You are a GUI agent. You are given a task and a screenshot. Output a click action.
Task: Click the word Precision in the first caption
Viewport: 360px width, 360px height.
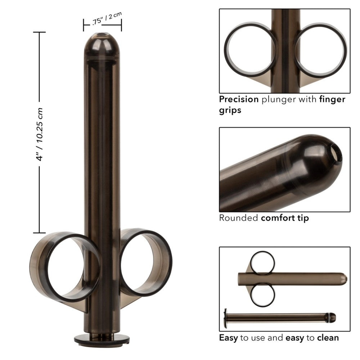click(x=239, y=99)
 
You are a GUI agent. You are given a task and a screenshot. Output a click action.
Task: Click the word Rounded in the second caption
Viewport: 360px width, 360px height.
click(x=238, y=218)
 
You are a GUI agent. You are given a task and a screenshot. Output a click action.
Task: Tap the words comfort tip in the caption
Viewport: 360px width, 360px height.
click(x=285, y=218)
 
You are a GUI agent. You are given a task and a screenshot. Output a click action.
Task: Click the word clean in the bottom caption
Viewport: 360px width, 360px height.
click(x=328, y=338)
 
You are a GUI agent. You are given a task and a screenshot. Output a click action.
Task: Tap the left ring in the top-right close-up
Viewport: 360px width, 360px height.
click(x=251, y=49)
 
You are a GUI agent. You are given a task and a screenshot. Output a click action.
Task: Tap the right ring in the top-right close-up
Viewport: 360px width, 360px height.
click(x=320, y=49)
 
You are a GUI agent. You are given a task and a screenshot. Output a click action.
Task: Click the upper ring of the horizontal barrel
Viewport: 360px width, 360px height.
click(x=262, y=263)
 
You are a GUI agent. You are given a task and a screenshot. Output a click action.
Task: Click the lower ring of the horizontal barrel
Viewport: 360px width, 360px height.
click(x=262, y=295)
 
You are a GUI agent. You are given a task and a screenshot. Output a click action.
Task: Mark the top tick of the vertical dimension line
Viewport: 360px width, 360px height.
click(x=40, y=32)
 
